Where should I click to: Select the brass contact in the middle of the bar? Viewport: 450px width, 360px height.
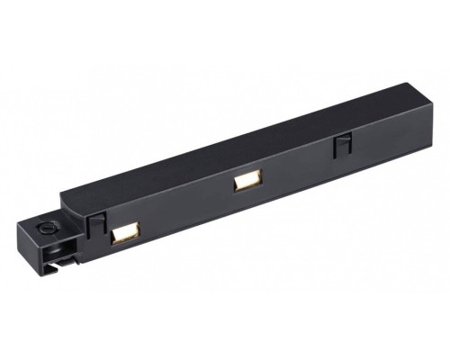pyautogui.click(x=243, y=183)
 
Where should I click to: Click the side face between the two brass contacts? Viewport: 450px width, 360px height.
pyautogui.click(x=180, y=216)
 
